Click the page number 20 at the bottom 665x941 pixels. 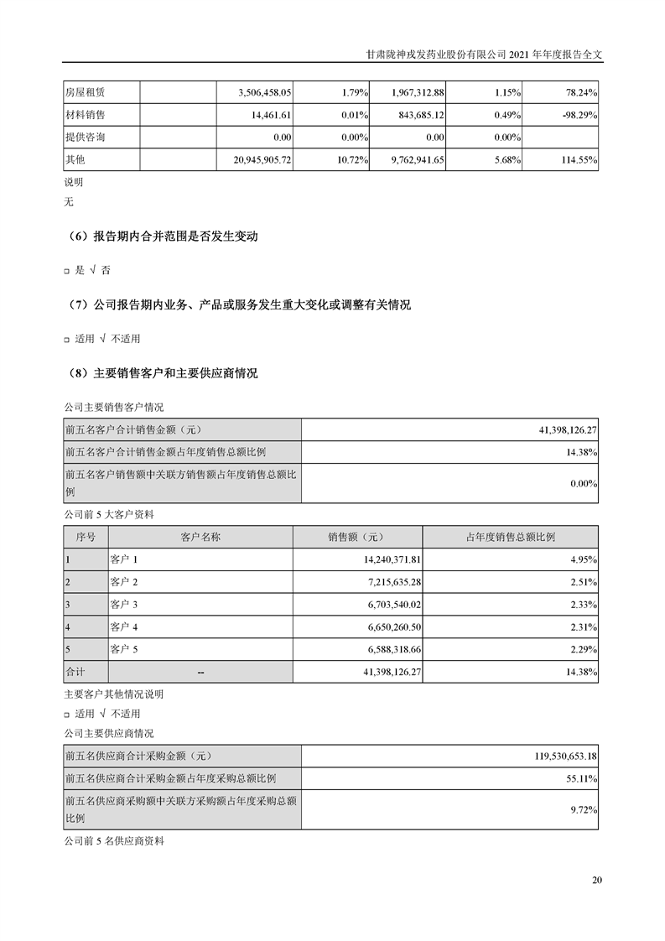[596, 880]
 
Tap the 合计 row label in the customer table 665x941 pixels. [75, 672]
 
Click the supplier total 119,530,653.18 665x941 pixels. [564, 756]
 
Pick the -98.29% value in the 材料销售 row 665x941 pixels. [577, 114]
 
